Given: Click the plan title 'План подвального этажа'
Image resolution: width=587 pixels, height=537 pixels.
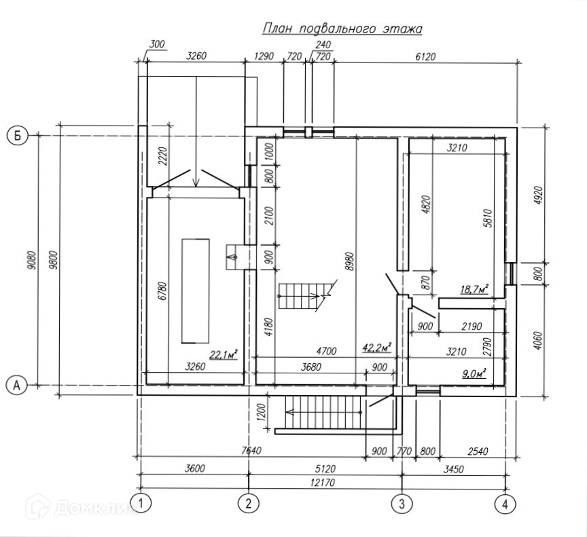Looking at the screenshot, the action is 342,29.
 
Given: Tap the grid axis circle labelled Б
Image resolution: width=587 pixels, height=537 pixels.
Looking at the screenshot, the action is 18,136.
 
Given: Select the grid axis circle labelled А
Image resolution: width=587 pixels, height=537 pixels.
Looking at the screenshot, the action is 17,384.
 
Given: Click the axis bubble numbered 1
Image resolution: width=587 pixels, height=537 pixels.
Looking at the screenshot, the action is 141,504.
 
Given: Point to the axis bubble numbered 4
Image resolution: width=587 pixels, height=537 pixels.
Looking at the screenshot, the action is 505,504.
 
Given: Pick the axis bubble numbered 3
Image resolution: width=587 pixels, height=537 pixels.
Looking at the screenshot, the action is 402,504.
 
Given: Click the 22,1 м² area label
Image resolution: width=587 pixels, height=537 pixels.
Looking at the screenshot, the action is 224,354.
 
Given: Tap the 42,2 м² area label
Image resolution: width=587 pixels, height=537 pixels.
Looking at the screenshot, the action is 376,347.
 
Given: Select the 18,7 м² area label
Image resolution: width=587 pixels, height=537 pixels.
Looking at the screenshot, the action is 475,289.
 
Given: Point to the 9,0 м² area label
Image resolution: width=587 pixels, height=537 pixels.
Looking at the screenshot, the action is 474,373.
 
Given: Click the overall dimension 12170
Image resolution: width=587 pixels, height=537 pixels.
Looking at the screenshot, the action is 323,483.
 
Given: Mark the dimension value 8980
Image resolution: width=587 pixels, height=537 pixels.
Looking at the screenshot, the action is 350,262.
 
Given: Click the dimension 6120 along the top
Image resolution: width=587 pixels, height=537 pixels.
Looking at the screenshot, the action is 426,56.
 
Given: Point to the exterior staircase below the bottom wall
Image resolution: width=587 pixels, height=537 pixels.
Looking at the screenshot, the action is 323,413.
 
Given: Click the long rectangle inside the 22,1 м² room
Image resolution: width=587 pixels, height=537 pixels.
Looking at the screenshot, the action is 196,291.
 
